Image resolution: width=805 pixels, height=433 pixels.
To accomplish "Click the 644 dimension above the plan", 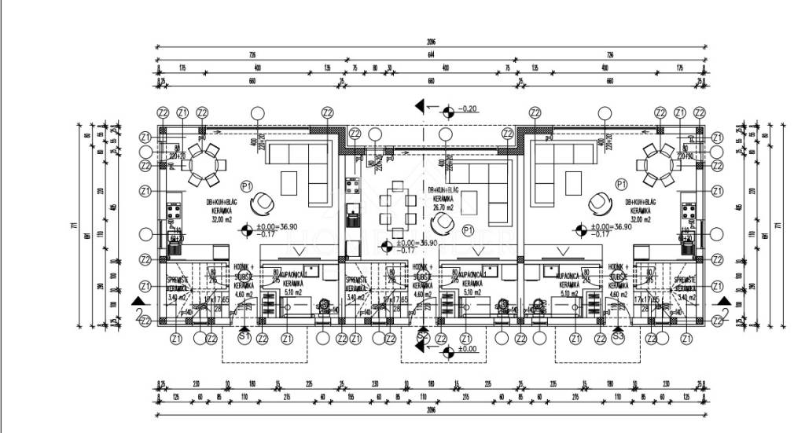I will [x=431, y=55].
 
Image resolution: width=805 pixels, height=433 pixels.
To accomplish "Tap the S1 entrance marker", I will [x=244, y=337].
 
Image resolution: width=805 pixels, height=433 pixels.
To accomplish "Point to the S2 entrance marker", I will [x=423, y=337].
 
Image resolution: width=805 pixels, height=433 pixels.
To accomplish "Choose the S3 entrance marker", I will [x=618, y=337].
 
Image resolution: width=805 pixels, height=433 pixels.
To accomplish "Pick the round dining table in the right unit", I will [x=657, y=165].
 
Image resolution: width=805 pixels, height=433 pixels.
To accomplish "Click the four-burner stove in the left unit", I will [x=173, y=211].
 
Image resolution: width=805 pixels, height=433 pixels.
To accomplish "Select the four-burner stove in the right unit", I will [x=689, y=211].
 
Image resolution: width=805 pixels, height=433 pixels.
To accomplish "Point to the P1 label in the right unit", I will [x=621, y=185].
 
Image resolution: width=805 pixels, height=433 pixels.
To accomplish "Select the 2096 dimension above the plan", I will [x=431, y=42].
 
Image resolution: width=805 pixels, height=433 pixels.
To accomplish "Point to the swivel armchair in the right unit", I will [x=601, y=203].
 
